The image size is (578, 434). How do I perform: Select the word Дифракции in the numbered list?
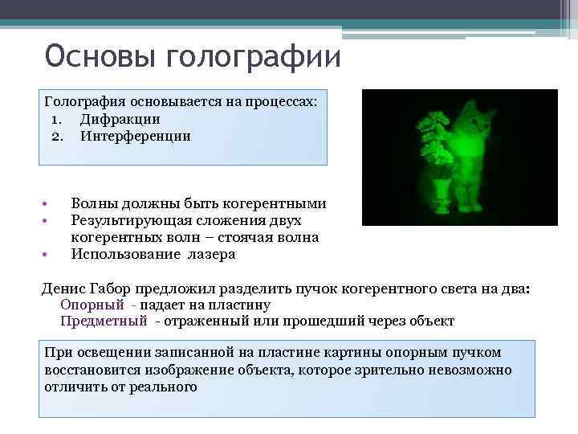click(120, 120)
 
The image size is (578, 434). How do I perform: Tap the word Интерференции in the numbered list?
click(135, 136)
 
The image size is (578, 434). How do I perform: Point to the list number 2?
click(56, 136)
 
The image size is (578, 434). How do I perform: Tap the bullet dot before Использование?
click(47, 255)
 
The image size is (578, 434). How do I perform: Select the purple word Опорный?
click(92, 305)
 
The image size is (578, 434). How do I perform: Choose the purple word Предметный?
click(104, 321)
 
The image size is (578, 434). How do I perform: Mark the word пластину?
click(238, 305)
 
